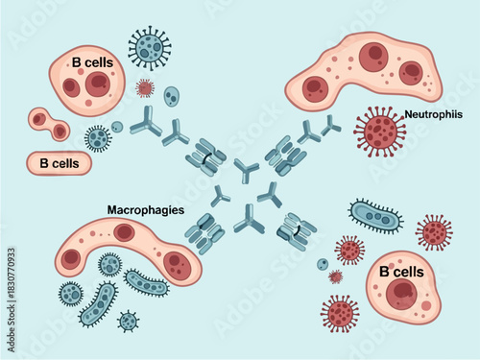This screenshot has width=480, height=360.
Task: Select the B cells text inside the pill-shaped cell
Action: (x=59, y=164)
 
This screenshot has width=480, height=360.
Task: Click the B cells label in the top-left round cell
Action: (x=92, y=63)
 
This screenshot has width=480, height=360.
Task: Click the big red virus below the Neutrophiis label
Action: (x=379, y=132)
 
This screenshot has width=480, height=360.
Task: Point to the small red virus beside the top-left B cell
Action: (x=145, y=88)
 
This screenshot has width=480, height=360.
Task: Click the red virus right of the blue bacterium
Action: (x=434, y=231)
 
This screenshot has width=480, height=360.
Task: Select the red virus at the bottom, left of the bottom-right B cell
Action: (x=340, y=312)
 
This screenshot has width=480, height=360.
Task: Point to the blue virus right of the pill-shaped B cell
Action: (x=98, y=138)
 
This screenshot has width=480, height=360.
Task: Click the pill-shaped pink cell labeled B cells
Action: (x=59, y=164)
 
